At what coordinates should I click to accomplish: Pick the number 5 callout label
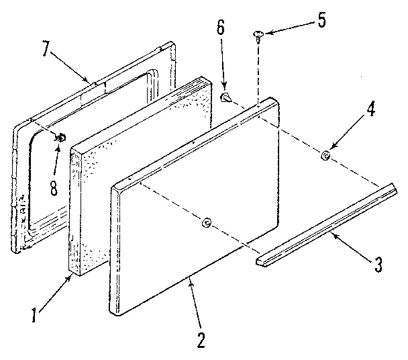[322, 21]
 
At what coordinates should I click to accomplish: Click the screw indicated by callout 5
[258, 35]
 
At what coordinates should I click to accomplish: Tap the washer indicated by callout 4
[324, 156]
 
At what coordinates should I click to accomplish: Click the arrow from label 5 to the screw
[289, 28]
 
